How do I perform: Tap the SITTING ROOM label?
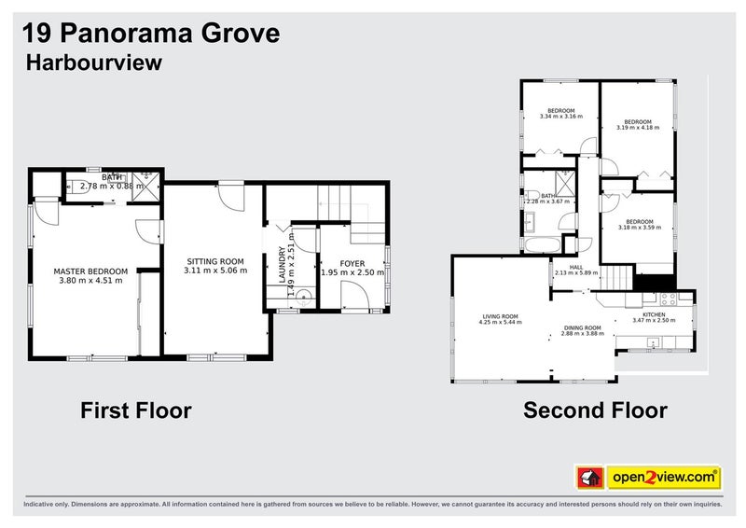[x=215, y=261]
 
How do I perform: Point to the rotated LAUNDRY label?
[x=281, y=261]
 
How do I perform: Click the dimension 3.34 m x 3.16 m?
[x=560, y=118]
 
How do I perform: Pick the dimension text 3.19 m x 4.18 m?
[x=637, y=128]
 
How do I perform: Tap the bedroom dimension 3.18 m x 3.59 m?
[x=639, y=227]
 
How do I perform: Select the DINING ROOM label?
[x=582, y=328]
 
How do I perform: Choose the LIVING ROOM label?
[x=500, y=316]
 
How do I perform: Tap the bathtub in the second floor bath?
[x=540, y=245]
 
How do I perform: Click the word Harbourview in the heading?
[x=93, y=63]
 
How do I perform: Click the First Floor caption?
[x=135, y=410]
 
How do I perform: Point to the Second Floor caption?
[x=595, y=410]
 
